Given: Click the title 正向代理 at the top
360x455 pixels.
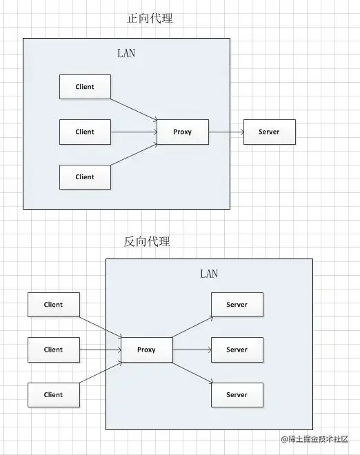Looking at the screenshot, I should (x=150, y=19).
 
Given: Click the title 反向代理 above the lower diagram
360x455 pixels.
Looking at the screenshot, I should (x=147, y=241).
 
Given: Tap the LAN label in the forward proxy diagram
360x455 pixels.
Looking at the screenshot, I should (x=126, y=53).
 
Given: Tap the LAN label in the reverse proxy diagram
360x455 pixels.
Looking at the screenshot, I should (x=209, y=274).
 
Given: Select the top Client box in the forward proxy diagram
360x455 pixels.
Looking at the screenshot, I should (x=85, y=87).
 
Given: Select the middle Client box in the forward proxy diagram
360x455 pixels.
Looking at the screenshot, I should (x=85, y=132).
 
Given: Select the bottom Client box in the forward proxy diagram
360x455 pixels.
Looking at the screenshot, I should (x=85, y=176).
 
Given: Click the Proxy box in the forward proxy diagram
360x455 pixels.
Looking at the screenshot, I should (x=183, y=132).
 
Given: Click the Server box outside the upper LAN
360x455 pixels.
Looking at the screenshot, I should (x=269, y=132).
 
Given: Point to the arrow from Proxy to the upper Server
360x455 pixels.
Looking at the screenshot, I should (x=226, y=132).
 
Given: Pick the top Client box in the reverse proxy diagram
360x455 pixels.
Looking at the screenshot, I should (x=53, y=305).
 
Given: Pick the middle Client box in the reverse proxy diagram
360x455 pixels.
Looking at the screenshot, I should (x=53, y=350).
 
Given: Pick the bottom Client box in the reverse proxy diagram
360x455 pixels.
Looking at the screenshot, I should (x=53, y=395).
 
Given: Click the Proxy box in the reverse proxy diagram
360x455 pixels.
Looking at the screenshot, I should (x=146, y=350).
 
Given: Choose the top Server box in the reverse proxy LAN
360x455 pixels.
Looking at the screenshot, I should (x=237, y=305).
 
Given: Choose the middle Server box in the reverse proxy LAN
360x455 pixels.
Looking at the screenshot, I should (x=237, y=350).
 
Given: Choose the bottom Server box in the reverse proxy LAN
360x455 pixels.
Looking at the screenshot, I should (x=237, y=395).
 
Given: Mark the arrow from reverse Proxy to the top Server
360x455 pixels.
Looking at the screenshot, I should (x=191, y=328).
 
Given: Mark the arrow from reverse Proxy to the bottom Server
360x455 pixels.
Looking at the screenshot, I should (x=191, y=372).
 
